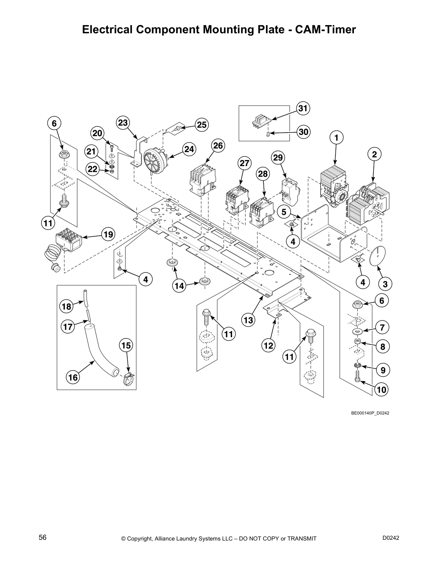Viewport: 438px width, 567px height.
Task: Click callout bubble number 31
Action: pyautogui.click(x=303, y=108)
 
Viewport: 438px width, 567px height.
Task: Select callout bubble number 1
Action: pyautogui.click(x=336, y=137)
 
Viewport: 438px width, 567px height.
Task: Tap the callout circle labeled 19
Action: pyautogui.click(x=108, y=235)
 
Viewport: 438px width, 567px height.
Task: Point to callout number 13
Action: pyautogui.click(x=248, y=320)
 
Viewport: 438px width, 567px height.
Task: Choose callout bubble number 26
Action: pyautogui.click(x=218, y=146)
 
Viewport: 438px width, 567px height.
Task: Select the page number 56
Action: pyautogui.click(x=43, y=537)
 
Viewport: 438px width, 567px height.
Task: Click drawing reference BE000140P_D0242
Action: pyautogui.click(x=370, y=413)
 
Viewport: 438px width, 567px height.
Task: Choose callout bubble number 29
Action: pyautogui.click(x=278, y=157)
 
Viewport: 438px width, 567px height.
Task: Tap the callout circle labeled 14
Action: pyautogui.click(x=179, y=286)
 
